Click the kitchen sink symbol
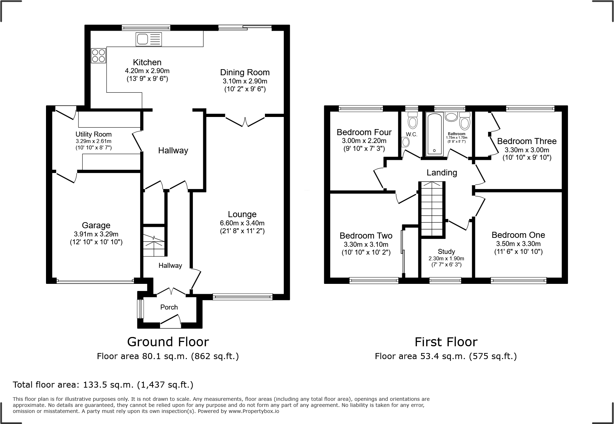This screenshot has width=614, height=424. [x=149, y=39]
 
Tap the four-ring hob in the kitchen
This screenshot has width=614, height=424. [x=99, y=56]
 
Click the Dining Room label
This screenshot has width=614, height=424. [x=245, y=72]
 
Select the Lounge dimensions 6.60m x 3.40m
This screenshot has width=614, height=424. [x=242, y=223]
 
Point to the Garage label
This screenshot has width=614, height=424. [x=96, y=225]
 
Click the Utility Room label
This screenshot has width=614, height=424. [x=93, y=134]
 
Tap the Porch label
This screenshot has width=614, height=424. [x=169, y=307]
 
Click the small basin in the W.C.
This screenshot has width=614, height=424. [x=405, y=142]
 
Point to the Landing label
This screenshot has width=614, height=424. [x=442, y=173]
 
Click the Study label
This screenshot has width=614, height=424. [x=446, y=252]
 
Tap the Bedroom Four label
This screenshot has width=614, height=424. [x=364, y=132]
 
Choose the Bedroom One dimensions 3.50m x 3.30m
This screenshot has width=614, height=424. [x=518, y=244]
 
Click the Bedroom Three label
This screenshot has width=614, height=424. [x=527, y=141]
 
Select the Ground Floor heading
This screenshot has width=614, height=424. [x=168, y=342]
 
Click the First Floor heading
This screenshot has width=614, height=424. [x=446, y=342]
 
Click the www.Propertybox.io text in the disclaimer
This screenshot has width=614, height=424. [x=254, y=411]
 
